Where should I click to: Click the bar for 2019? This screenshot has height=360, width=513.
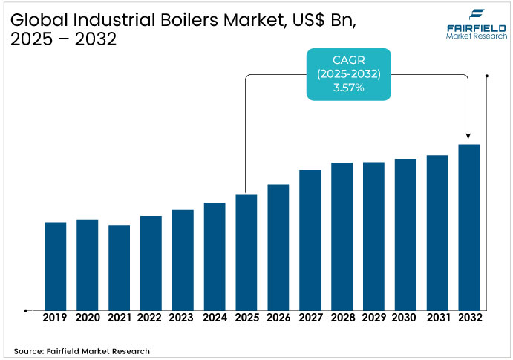(x=56, y=266)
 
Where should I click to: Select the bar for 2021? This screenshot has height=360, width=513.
(x=119, y=267)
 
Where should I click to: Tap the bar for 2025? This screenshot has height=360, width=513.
(x=246, y=252)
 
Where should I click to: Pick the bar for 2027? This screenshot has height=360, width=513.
(x=310, y=240)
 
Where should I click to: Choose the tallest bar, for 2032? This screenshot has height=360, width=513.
(x=469, y=227)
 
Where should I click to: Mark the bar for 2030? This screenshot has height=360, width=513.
(x=405, y=234)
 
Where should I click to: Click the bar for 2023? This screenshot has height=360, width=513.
(x=183, y=260)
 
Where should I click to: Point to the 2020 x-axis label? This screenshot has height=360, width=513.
(x=88, y=318)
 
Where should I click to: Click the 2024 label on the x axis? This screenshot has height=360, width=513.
(x=215, y=318)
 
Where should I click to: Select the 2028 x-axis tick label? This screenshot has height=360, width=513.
(x=342, y=318)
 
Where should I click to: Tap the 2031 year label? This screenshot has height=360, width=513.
(x=438, y=318)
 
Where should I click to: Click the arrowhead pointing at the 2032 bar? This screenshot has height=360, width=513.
(x=468, y=136)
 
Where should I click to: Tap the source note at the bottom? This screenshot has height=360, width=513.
(x=82, y=350)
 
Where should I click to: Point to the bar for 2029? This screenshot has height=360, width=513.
(x=373, y=236)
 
